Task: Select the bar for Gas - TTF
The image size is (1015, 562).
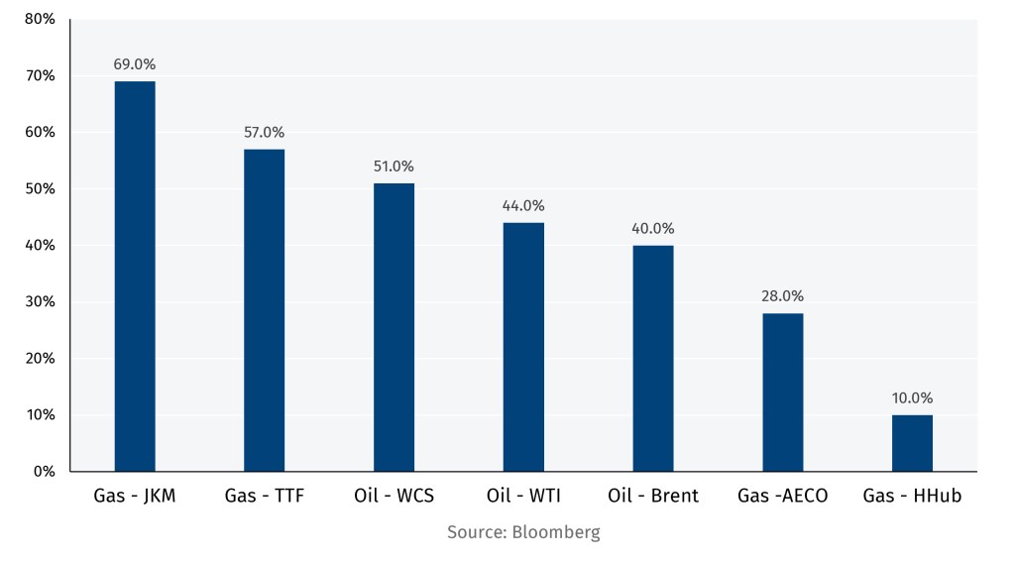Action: (x=265, y=310)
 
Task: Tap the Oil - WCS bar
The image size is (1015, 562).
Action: (x=394, y=327)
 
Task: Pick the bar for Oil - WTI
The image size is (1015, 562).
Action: (x=523, y=347)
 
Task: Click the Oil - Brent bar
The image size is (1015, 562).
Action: (x=653, y=358)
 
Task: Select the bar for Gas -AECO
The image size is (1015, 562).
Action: (x=782, y=393)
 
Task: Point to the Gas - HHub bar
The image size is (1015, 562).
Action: (x=912, y=443)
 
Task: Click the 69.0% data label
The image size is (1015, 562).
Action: (x=135, y=64)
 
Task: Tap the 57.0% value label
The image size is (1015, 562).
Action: (x=265, y=132)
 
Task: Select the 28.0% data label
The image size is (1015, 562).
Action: (x=782, y=295)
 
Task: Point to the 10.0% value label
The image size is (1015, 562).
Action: (x=912, y=397)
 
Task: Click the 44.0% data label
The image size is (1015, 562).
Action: (x=523, y=205)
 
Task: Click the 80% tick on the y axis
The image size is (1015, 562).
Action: (x=40, y=19)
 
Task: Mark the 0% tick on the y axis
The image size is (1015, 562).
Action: (x=45, y=471)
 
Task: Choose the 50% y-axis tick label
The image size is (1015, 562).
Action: (x=40, y=188)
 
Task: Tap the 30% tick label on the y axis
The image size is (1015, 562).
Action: (x=40, y=301)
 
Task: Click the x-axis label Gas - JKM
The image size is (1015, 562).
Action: (x=135, y=496)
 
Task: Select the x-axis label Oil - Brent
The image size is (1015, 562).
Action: (x=653, y=496)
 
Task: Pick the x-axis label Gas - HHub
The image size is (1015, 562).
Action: (x=912, y=496)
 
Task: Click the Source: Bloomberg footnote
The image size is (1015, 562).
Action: (x=523, y=532)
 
